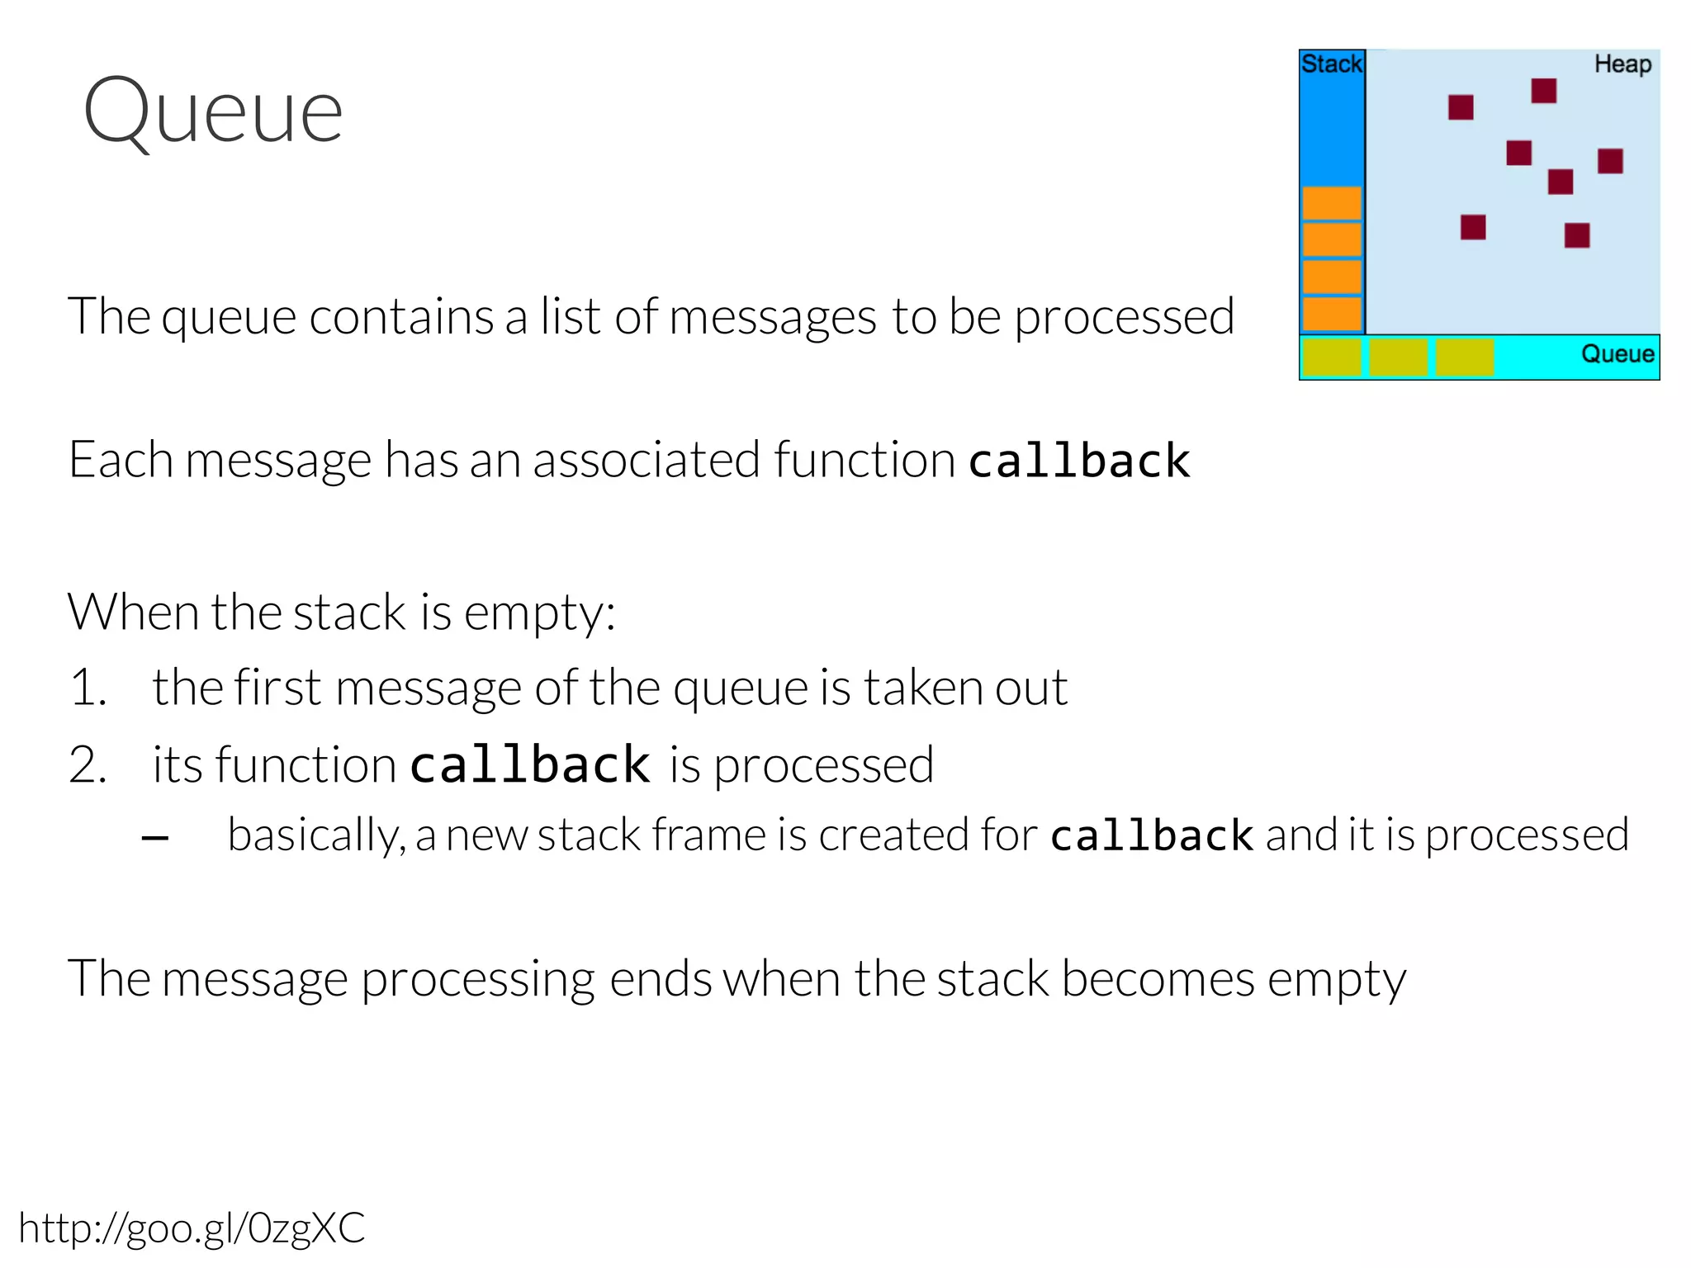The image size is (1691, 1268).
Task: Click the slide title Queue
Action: pyautogui.click(x=213, y=111)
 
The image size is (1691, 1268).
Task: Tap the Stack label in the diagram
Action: pyautogui.click(x=1331, y=64)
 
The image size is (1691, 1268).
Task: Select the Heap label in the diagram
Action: pyautogui.click(x=1622, y=64)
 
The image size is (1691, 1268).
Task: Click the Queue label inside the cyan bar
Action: pyautogui.click(x=1618, y=354)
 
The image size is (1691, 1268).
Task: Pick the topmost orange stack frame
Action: pyautogui.click(x=1332, y=203)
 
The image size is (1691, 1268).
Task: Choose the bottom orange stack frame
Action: pyautogui.click(x=1332, y=315)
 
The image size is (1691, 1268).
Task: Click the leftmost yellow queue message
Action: pyautogui.click(x=1332, y=357)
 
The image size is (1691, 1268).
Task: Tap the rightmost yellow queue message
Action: pyautogui.click(x=1464, y=357)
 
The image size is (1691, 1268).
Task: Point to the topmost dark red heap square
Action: pyautogui.click(x=1543, y=91)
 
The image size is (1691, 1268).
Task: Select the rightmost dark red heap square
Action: pyautogui.click(x=1610, y=161)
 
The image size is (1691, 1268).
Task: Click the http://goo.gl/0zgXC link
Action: pyautogui.click(x=192, y=1228)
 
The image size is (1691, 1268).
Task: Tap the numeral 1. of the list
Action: pyautogui.click(x=88, y=688)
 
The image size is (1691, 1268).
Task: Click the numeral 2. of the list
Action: pyautogui.click(x=88, y=764)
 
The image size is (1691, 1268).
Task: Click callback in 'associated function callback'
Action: pyautogui.click(x=1079, y=460)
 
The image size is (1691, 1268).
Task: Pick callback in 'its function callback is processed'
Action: pyautogui.click(x=530, y=764)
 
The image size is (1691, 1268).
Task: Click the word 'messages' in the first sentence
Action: pyautogui.click(x=772, y=317)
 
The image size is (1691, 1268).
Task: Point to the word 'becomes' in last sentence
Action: pyautogui.click(x=1158, y=979)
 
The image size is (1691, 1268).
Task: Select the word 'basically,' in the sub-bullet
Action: pyautogui.click(x=316, y=835)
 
